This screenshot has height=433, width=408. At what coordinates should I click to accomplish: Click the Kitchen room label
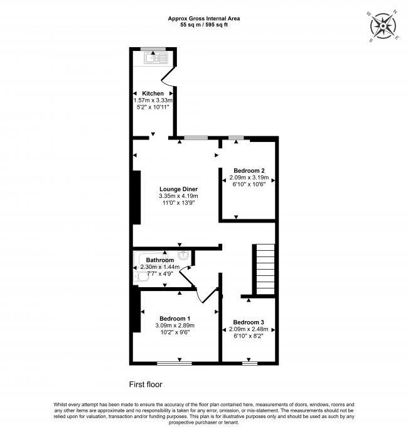[153, 94]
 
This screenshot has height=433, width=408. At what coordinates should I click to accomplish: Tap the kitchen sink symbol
[156, 58]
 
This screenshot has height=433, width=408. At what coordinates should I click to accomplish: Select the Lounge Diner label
[178, 189]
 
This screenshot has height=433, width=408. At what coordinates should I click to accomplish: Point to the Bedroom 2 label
[249, 171]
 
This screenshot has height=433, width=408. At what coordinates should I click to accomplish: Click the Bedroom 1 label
[175, 319]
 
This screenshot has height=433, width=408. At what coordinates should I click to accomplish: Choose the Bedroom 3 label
[249, 322]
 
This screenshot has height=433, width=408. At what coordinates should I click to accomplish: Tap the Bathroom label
[160, 260]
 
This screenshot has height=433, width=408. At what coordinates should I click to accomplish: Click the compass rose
[383, 26]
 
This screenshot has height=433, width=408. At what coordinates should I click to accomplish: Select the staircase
[266, 269]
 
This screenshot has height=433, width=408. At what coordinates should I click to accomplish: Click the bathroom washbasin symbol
[184, 255]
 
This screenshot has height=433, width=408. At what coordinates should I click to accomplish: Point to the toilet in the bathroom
[141, 277]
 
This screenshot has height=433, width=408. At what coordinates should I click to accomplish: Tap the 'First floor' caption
[146, 385]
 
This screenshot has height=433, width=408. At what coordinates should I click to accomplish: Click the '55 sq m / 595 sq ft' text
[204, 25]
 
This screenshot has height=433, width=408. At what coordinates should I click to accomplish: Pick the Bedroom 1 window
[174, 364]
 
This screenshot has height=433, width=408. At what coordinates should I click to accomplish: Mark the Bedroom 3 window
[250, 364]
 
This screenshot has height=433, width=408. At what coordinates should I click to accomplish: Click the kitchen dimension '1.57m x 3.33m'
[153, 101]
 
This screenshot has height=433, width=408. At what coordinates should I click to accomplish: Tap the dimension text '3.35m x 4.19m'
[178, 196]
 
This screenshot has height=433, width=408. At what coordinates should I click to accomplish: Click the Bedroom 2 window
[236, 138]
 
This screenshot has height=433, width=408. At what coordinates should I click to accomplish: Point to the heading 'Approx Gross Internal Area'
[204, 18]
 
